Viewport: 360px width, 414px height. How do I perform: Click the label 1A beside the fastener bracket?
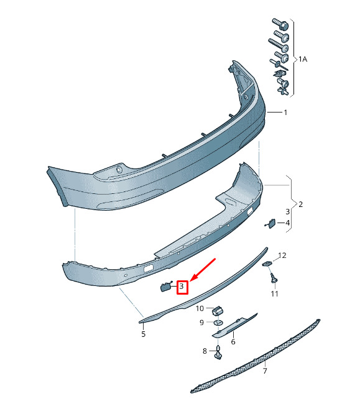click(x=303, y=60)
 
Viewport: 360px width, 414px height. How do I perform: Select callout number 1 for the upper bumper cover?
click(x=285, y=113)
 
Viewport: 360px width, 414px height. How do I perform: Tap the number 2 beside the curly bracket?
click(x=300, y=205)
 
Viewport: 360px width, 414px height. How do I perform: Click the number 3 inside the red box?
click(x=182, y=286)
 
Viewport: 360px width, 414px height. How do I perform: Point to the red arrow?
click(x=203, y=270)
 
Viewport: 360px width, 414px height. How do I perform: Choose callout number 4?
click(x=287, y=223)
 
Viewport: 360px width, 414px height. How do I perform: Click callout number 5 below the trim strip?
click(x=144, y=334)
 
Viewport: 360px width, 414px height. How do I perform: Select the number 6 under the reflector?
click(x=233, y=342)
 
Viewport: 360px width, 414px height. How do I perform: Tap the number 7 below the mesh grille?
click(x=265, y=371)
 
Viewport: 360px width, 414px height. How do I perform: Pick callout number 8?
click(x=205, y=351)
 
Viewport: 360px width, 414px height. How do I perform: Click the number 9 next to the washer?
click(x=202, y=323)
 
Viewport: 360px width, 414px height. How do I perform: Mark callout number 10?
click(x=200, y=308)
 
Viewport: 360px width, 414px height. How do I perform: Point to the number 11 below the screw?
click(x=274, y=294)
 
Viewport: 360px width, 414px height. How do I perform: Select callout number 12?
click(x=282, y=255)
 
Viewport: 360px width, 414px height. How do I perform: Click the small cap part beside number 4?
click(x=270, y=223)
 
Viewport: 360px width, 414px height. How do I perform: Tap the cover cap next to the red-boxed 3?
click(x=166, y=286)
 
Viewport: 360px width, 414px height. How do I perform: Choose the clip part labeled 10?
click(x=218, y=311)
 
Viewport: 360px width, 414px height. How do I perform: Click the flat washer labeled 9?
click(x=218, y=323)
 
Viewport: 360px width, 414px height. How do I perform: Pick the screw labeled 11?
click(x=275, y=277)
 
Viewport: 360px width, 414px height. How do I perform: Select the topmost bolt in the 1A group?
click(x=280, y=24)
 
